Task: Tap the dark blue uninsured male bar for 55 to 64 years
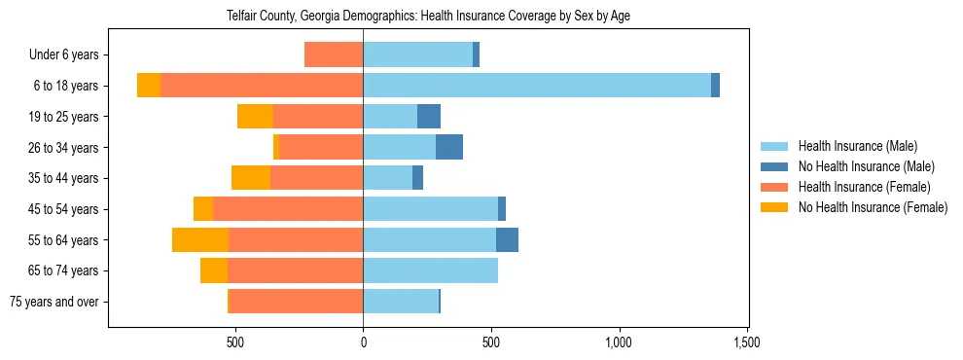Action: (507, 240)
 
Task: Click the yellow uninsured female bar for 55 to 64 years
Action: (200, 240)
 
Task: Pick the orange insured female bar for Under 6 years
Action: (334, 54)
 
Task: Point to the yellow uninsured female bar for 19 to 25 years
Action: (256, 117)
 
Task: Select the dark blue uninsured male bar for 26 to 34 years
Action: (449, 148)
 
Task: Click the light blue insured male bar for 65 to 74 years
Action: (431, 270)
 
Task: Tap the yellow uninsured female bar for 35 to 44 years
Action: (251, 178)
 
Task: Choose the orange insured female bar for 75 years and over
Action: (296, 302)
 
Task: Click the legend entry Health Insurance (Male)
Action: (857, 146)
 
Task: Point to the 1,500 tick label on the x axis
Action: (747, 342)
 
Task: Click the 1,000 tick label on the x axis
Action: (620, 342)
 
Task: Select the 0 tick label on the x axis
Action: (363, 342)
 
